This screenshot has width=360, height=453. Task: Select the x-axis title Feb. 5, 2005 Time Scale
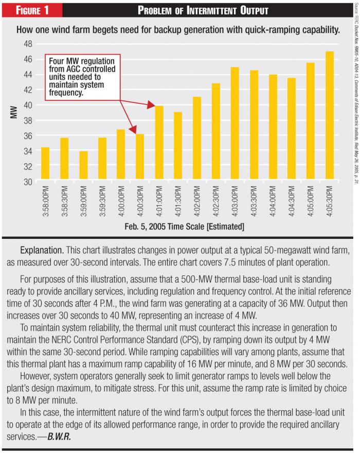[x=184, y=226]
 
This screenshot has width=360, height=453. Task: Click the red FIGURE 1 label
[x=31, y=10]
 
